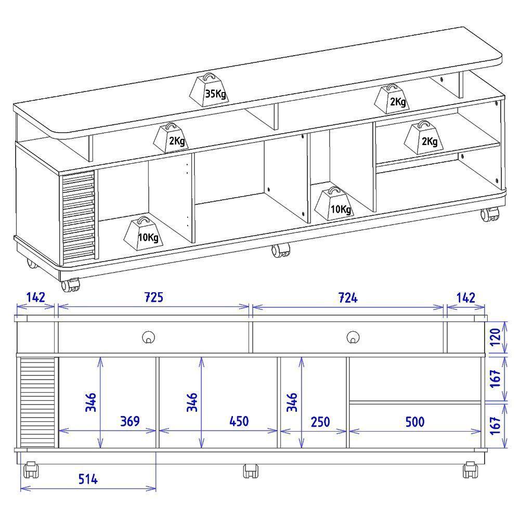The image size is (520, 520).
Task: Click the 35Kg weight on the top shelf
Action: point(208,92)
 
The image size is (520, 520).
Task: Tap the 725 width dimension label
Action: point(154,297)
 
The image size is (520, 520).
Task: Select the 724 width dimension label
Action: point(348,297)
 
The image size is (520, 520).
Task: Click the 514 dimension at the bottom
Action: point(88,479)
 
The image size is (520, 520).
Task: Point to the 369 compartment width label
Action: point(130,421)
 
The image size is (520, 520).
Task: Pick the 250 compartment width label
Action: point(320,421)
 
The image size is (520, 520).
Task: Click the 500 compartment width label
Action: point(414,421)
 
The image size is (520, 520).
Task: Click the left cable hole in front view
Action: point(149,337)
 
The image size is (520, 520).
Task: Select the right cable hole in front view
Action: point(353,337)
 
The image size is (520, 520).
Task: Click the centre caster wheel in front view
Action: point(251,471)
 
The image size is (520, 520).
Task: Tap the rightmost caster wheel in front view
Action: point(470,469)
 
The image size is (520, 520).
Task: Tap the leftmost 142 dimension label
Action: point(35,297)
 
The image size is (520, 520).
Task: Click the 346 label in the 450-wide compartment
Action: point(192,403)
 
